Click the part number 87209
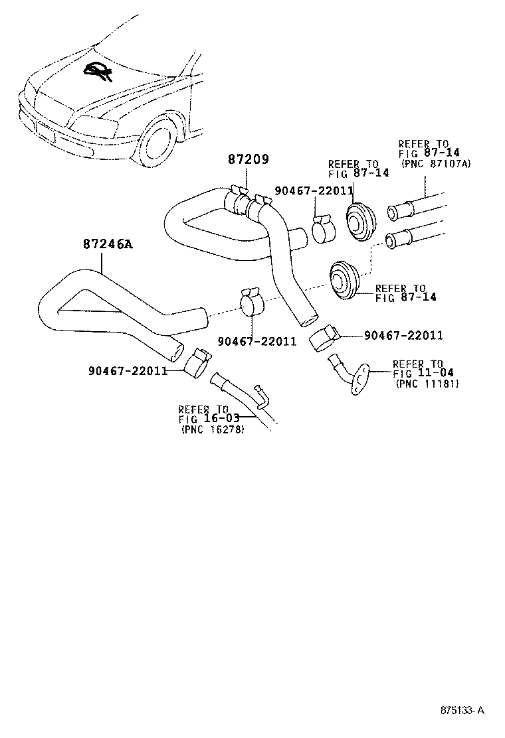(249, 160)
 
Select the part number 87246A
(108, 245)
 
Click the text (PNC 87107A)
(435, 163)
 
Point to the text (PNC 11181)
(427, 384)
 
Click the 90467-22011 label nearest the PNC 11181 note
(403, 336)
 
